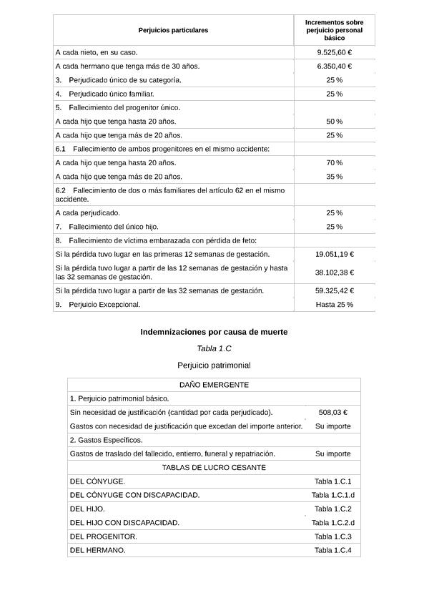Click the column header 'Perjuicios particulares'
(173, 30)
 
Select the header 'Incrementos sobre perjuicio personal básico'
(334, 30)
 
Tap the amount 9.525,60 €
(334, 52)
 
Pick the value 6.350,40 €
(334, 67)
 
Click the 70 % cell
(334, 163)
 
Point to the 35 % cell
(334, 177)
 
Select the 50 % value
(334, 122)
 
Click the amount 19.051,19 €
(334, 255)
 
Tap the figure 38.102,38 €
(334, 273)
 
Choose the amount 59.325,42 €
(334, 291)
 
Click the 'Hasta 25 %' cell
(334, 305)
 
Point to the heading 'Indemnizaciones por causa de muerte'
(214, 332)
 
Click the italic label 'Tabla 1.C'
(214, 348)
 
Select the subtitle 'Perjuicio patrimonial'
(214, 366)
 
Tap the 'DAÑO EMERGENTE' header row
(214, 385)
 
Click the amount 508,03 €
(332, 413)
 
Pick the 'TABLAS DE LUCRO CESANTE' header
(214, 468)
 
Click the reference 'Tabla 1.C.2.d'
(332, 523)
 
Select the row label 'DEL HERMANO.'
(97, 551)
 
